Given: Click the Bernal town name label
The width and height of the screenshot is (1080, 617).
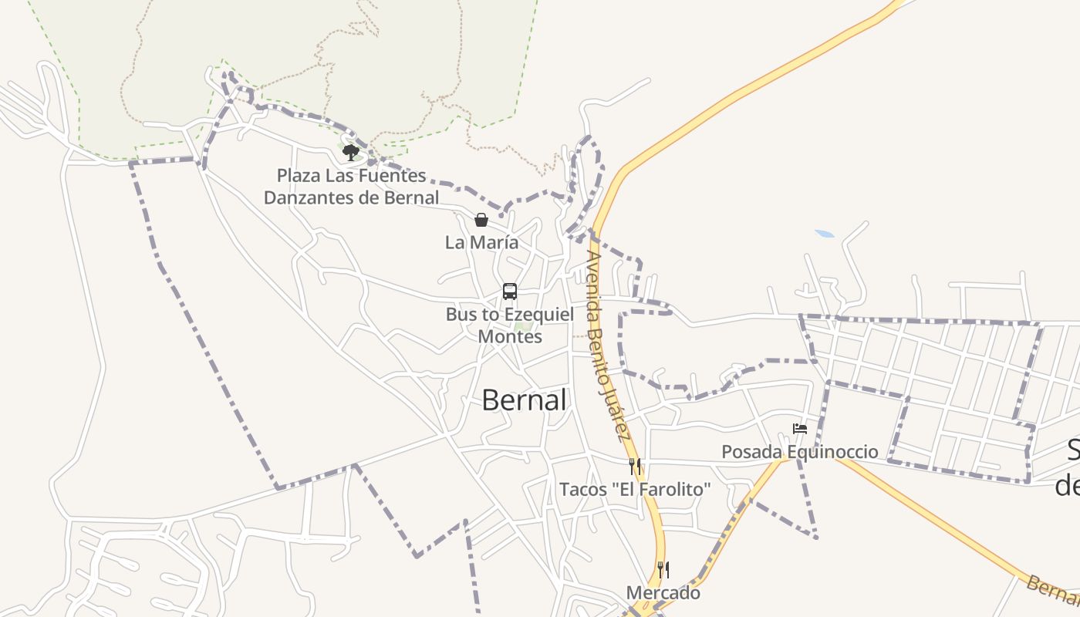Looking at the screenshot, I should coord(524,400).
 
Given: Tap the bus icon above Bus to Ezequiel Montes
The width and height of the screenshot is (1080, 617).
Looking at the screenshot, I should coord(510,292).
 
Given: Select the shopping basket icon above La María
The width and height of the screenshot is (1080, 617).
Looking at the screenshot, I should coord(481,220).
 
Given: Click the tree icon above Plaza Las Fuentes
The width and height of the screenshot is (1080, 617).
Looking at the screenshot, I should coord(351,152).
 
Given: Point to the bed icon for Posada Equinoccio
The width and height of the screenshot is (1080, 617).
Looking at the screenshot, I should coord(800,429).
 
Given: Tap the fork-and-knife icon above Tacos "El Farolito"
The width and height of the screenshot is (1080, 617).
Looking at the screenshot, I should coord(635,467).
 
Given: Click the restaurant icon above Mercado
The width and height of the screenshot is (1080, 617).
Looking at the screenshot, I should coord(663,570).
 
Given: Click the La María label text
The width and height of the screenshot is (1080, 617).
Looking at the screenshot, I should coord(481,242).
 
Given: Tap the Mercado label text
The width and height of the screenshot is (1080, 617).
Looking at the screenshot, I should coord(663,593).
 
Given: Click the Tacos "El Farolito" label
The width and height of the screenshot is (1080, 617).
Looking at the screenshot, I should coord(635,490).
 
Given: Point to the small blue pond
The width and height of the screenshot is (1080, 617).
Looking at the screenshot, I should coord(825,233).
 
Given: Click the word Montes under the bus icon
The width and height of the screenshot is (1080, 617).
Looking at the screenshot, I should coord(510,337).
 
